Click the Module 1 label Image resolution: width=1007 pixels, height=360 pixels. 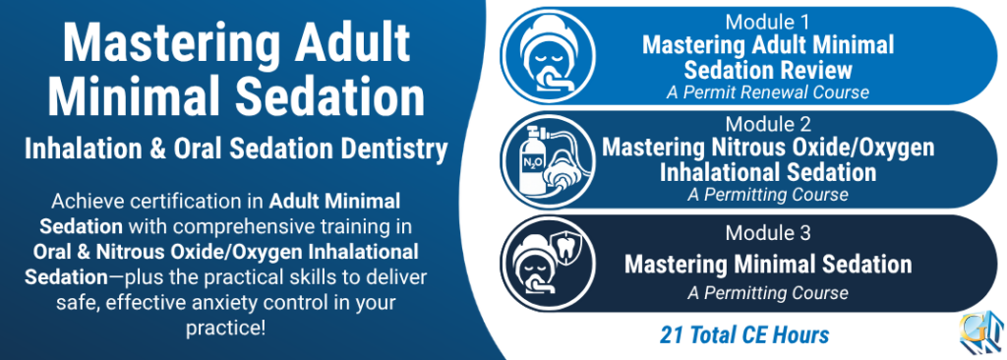click(768, 22)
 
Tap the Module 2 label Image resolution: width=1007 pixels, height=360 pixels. click(768, 123)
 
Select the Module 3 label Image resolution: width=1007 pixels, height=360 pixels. click(768, 233)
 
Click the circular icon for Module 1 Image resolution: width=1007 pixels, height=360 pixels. click(549, 56)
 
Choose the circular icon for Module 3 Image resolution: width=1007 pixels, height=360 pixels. click(549, 264)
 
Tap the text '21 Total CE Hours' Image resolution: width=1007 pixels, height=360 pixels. click(744, 334)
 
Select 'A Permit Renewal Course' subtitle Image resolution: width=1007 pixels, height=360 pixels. click(767, 91)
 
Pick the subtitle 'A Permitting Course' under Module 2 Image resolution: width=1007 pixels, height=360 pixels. click(768, 194)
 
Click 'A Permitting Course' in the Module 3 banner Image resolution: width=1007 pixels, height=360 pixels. click(768, 293)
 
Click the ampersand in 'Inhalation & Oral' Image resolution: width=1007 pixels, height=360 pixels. click(159, 150)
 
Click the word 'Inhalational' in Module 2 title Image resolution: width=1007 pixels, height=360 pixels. click(714, 172)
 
